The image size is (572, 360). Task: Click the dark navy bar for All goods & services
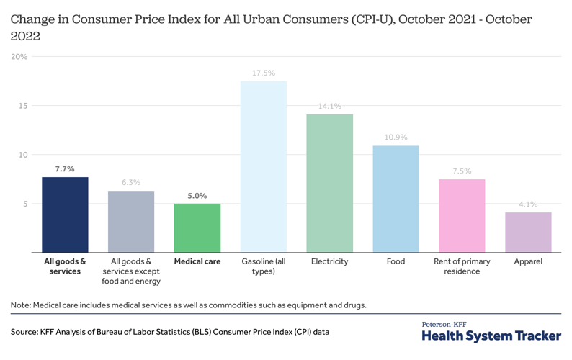[x=65, y=215]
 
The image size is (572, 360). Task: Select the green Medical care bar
[x=197, y=228]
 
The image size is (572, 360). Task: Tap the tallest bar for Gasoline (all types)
[x=263, y=166]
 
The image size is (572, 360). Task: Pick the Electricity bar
[x=329, y=183]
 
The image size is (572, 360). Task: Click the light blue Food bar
[x=396, y=199]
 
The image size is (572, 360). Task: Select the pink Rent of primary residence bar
[x=462, y=215]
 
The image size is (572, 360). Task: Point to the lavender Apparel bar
[x=528, y=232]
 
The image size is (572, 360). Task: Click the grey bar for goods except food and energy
[x=131, y=221]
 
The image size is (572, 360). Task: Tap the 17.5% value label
[x=263, y=73]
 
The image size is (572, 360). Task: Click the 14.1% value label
[x=329, y=107]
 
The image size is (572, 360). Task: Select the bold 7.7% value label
[x=65, y=169]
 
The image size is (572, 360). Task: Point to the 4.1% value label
[x=528, y=204]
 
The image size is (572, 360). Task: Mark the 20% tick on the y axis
[x=19, y=57]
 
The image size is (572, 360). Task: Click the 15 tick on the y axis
[x=22, y=106]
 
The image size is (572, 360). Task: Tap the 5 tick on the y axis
[x=24, y=204]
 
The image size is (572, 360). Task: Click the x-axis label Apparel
[x=528, y=261]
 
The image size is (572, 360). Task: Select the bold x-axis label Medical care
[x=197, y=261]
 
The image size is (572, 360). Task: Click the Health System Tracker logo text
[x=491, y=336]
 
